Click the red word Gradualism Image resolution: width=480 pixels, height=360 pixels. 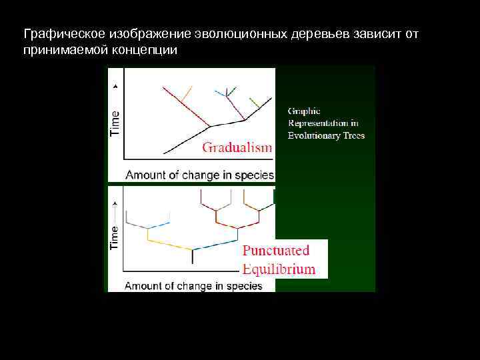(237, 147)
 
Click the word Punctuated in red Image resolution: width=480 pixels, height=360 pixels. (275, 251)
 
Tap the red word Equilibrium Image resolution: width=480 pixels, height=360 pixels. (279, 269)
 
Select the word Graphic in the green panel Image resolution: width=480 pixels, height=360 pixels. (304, 111)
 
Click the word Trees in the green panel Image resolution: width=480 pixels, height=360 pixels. (353, 135)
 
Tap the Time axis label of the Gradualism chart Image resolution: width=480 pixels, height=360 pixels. (115, 123)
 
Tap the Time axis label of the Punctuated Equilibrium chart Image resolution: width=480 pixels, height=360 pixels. (115, 237)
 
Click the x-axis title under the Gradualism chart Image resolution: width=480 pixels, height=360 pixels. (199, 175)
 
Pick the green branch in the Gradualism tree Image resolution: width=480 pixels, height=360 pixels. (254, 103)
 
